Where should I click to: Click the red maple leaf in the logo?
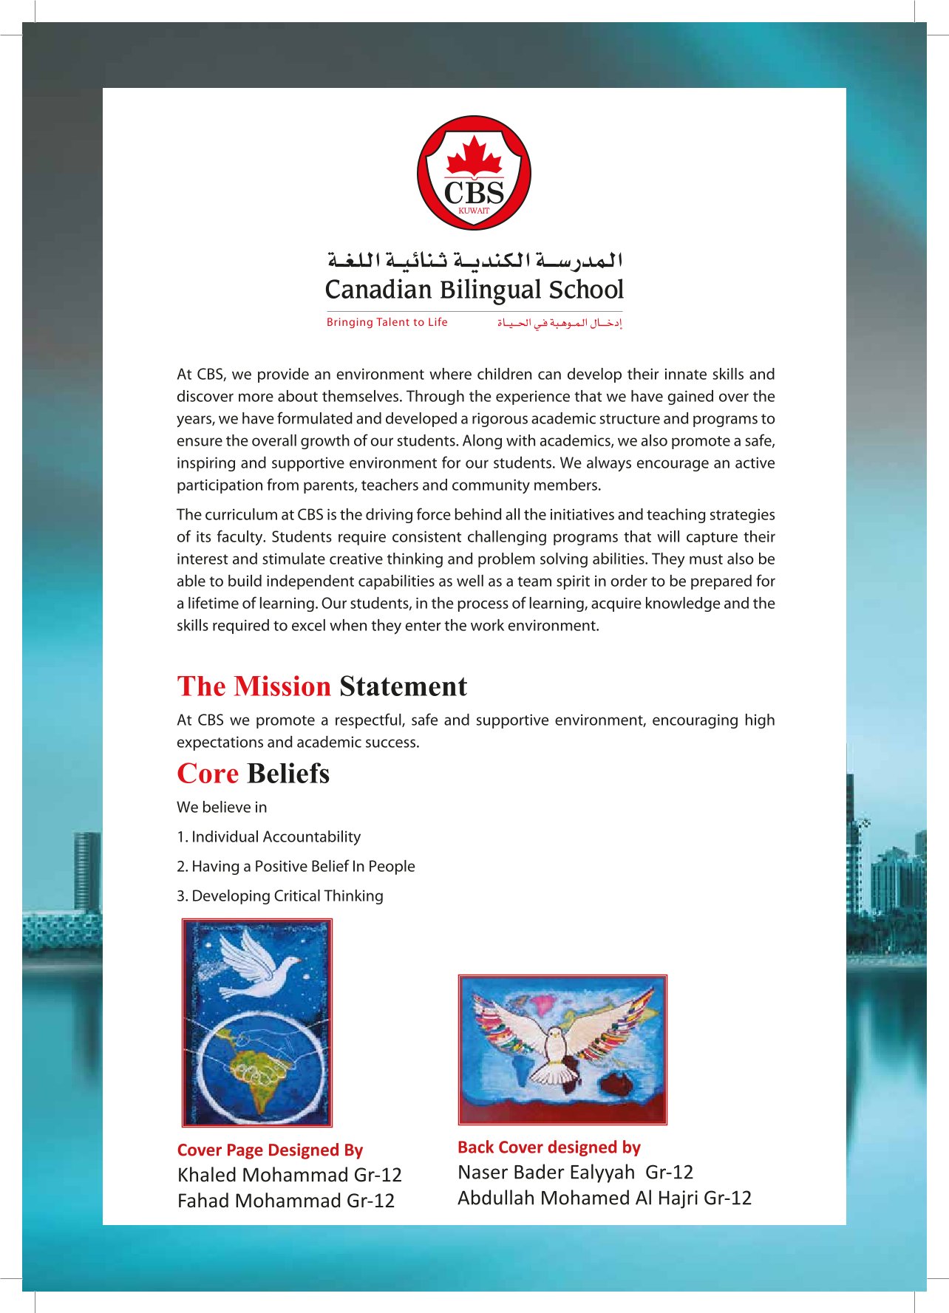pos(474,157)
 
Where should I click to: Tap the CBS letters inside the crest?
pos(474,193)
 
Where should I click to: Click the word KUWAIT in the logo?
pos(474,211)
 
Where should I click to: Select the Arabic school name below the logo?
pos(475,259)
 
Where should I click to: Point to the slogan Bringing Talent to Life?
pos(387,322)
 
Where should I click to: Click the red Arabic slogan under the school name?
pos(559,323)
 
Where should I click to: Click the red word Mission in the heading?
pos(282,686)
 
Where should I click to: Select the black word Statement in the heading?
pos(403,686)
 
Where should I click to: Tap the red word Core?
pos(208,774)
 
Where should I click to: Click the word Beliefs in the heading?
pos(288,774)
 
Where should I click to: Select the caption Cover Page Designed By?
pos(270,1150)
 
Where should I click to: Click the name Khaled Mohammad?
pos(262,1175)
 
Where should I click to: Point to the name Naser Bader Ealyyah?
pos(546,1172)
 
